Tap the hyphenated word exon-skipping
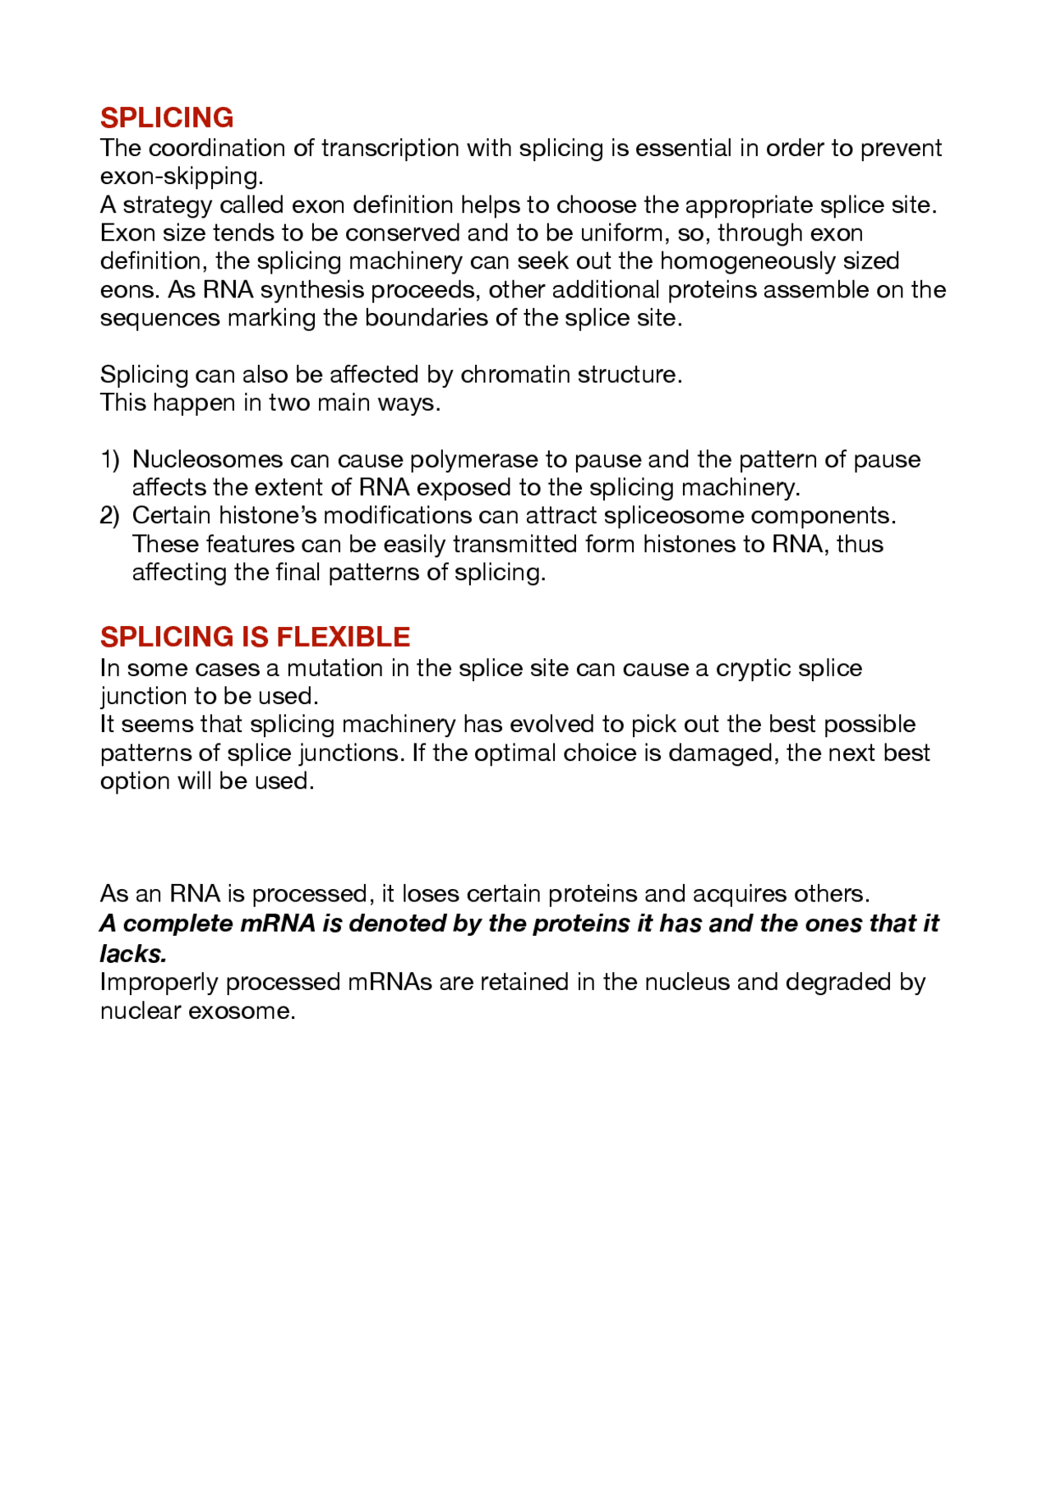pos(182,177)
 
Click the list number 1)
pos(110,459)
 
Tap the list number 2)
pos(110,516)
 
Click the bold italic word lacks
pos(133,953)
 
